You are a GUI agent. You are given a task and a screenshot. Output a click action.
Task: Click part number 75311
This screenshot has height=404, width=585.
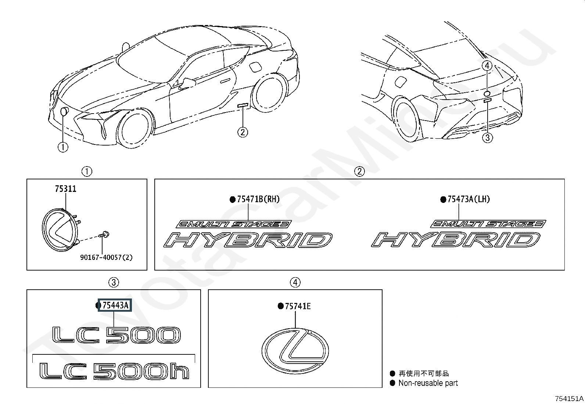tap(65, 189)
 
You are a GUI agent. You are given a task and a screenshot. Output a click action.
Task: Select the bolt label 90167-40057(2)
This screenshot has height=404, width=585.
tap(106, 257)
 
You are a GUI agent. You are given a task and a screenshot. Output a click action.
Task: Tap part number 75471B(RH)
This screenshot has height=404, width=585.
tap(258, 199)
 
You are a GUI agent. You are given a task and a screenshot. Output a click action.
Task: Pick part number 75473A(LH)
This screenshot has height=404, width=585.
tap(469, 199)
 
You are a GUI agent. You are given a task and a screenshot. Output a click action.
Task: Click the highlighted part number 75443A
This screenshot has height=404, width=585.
tap(115, 305)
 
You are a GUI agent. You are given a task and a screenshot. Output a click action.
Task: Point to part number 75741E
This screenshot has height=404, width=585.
tap(298, 306)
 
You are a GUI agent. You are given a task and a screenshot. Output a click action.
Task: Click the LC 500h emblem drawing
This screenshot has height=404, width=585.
tap(114, 371)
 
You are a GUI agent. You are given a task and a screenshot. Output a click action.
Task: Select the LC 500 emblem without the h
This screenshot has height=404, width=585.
tap(116, 335)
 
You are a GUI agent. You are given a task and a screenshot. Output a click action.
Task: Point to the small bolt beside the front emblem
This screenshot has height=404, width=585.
tap(104, 235)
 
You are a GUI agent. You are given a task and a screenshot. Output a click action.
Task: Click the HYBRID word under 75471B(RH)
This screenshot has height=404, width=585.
tap(248, 240)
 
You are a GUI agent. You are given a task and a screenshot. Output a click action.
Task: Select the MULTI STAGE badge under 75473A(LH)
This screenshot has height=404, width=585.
tap(488, 224)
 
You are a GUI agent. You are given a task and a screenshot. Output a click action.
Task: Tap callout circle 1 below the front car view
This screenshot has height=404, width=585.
tap(63, 147)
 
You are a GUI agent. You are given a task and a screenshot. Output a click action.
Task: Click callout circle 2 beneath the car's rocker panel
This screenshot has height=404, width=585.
tap(243, 132)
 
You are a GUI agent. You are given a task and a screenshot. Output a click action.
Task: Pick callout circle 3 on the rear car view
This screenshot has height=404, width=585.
tap(487, 137)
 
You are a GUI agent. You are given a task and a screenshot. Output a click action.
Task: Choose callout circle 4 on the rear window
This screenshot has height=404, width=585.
tap(487, 65)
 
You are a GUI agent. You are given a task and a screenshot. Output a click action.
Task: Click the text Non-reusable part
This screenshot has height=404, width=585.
tap(428, 383)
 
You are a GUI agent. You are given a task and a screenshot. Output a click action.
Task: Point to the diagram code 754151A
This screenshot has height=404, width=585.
tap(569, 398)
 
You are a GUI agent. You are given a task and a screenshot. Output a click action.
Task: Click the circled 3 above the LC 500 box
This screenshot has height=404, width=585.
tap(114, 282)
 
